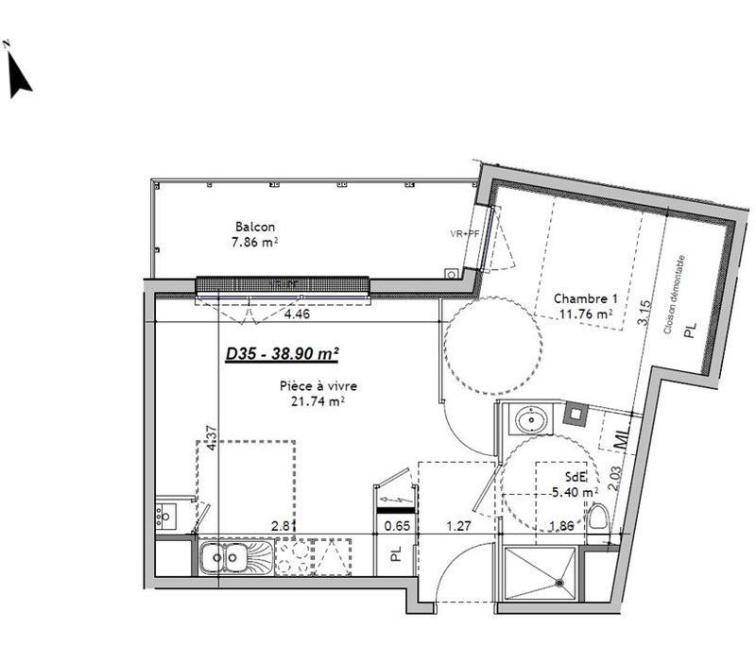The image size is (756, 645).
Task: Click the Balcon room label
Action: coord(255,227)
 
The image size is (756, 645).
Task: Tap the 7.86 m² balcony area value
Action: coord(255,242)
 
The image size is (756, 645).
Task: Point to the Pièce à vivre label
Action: coord(318,385)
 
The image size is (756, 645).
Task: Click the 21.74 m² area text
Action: coord(318,400)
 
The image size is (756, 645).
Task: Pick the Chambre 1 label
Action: coord(583,298)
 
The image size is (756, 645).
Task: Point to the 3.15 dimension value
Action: coord(646,312)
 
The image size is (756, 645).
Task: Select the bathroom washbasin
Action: coord(531,418)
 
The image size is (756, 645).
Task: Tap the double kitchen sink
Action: coord(224,559)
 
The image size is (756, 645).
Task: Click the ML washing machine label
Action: coord(621,437)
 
